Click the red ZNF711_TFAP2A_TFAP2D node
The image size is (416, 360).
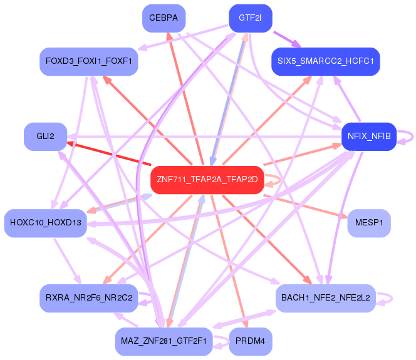tap(204, 180)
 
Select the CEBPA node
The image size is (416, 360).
tap(164, 18)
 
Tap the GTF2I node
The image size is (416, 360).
tap(250, 18)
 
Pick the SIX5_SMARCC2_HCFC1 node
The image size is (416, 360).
tap(325, 61)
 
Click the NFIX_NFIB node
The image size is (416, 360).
tap(368, 136)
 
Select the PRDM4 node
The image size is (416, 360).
tap(250, 341)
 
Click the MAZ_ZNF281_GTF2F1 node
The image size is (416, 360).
tap(164, 341)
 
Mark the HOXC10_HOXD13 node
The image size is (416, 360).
tap(45, 223)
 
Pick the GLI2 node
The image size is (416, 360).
tap(45, 136)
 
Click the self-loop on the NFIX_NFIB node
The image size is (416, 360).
tap(407, 136)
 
